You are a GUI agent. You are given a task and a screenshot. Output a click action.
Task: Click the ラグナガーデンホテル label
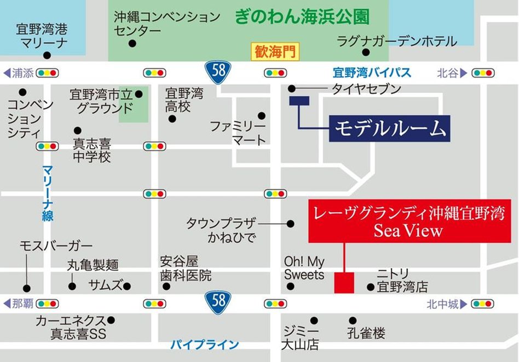[x=396, y=40]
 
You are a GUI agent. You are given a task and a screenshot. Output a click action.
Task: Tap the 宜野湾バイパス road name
[x=372, y=72]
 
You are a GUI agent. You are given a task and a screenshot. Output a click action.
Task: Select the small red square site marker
[x=344, y=283]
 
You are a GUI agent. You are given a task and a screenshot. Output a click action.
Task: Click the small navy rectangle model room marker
[x=299, y=101]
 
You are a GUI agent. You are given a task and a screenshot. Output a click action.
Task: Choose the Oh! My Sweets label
[x=304, y=268]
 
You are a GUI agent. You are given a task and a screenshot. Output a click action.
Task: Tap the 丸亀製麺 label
[x=93, y=265]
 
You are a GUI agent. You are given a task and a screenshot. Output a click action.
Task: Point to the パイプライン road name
[x=204, y=345]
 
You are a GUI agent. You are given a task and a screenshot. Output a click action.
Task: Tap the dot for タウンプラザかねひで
[x=290, y=223]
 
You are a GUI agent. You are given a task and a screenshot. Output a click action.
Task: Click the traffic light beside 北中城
[x=482, y=303]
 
